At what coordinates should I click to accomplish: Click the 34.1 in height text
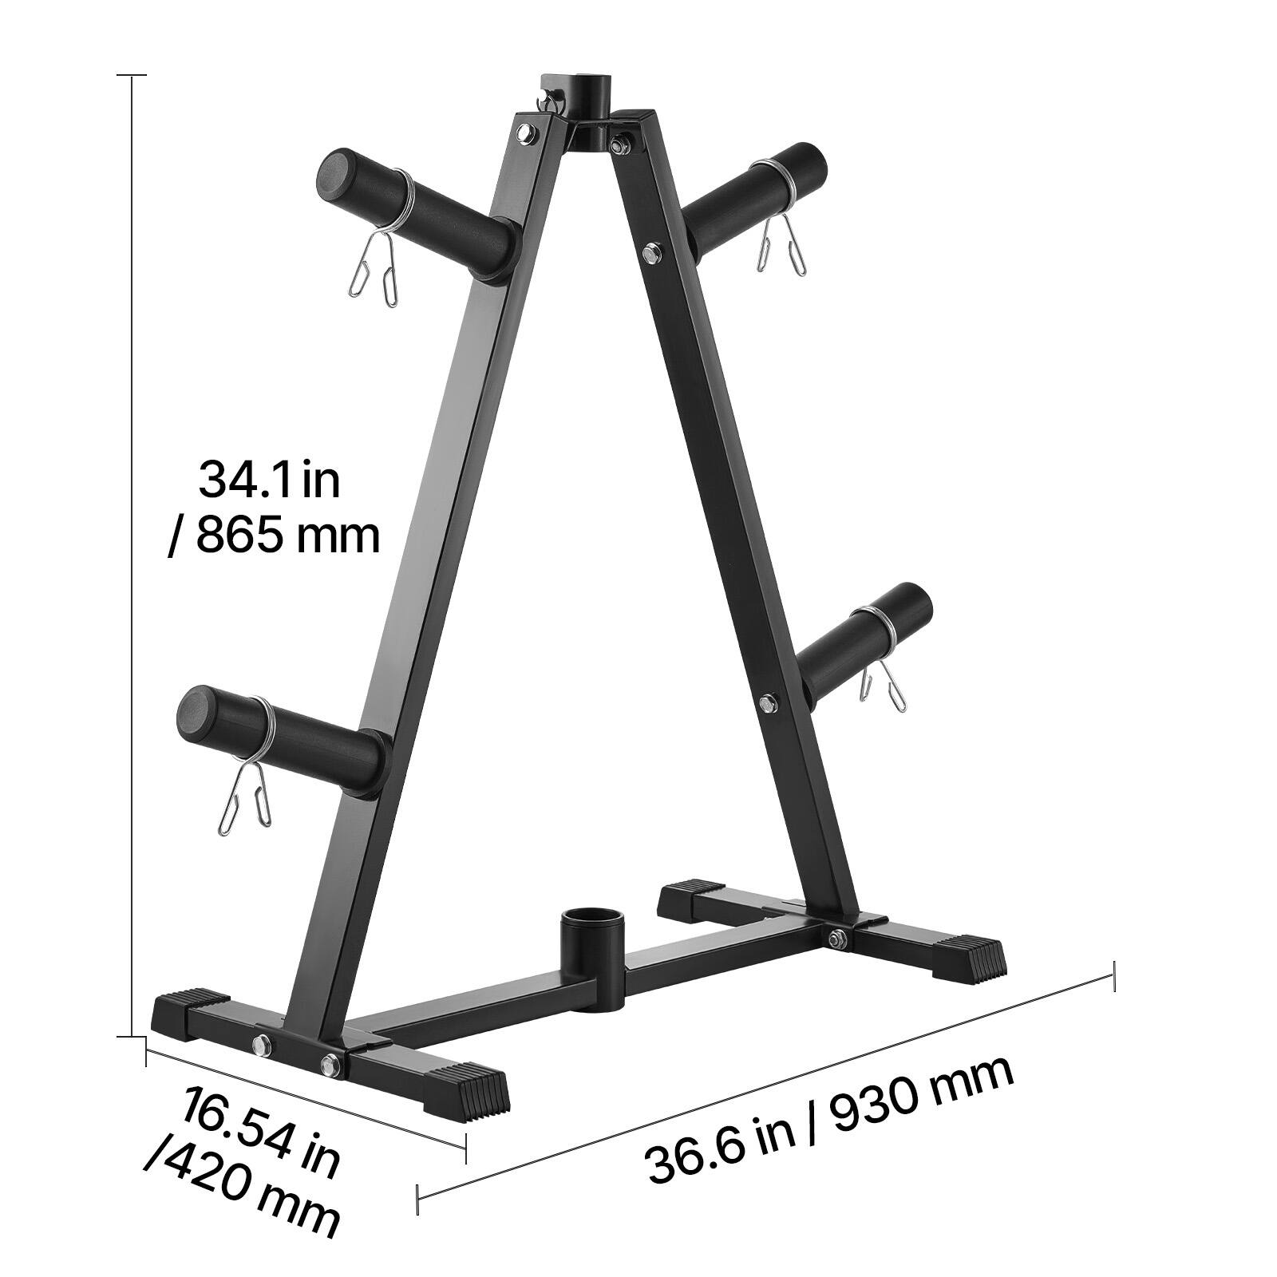269,480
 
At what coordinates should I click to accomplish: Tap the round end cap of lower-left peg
196,710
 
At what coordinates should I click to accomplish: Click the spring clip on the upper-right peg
781,219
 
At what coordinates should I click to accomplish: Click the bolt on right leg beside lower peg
768,703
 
